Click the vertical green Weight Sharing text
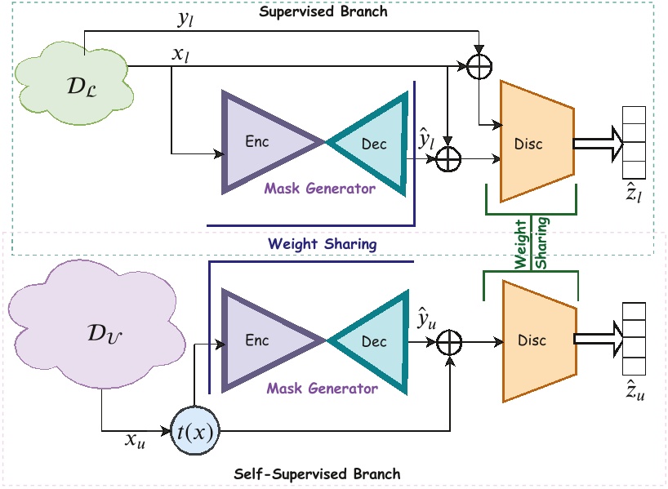point(532,242)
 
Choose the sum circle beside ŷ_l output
point(448,159)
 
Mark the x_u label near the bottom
point(135,439)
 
